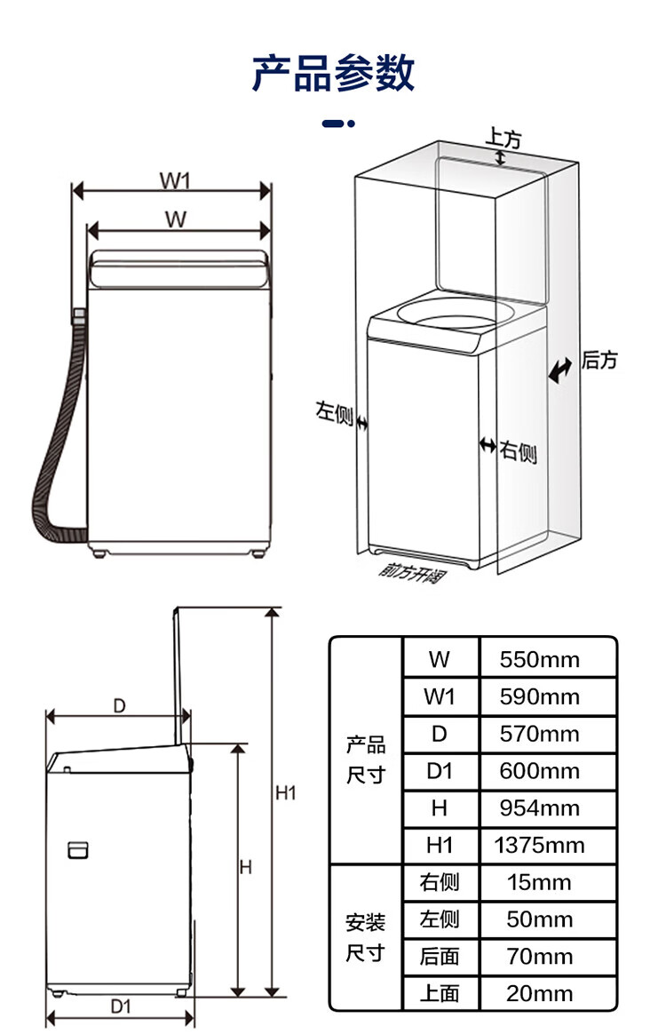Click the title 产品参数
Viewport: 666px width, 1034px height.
333,73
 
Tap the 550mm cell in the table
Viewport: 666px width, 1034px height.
539,659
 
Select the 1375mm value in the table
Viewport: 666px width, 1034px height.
539,845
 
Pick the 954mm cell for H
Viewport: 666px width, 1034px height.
539,807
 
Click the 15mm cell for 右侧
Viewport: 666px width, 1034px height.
539,882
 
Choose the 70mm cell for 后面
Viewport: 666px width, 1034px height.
539,956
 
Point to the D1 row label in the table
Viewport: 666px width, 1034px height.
440,771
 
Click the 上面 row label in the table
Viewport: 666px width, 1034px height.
440,993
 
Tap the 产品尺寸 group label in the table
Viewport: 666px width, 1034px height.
365,760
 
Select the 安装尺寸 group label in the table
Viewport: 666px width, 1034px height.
365,937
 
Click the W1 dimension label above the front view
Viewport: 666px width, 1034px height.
175,180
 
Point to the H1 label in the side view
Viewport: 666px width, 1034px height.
286,792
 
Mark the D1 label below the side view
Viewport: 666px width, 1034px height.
121,1006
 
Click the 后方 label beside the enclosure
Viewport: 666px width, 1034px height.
599,360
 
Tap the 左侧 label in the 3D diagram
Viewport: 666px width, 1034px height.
334,413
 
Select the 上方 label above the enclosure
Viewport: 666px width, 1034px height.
503,138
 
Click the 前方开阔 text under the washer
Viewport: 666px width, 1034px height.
412,572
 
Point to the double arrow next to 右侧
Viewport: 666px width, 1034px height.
488,446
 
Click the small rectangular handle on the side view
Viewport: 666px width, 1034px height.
78,850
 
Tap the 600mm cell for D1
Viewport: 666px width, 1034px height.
539,771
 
